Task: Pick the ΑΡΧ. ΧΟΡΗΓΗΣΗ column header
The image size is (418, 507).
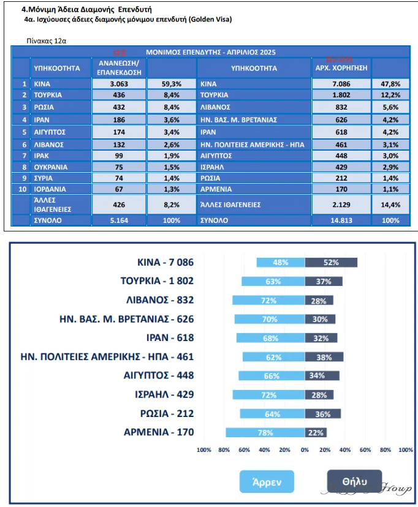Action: coord(341,67)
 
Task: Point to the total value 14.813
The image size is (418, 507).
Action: coord(341,220)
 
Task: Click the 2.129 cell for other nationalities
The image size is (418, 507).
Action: coord(341,204)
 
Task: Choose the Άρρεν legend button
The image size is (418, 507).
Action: coord(267,481)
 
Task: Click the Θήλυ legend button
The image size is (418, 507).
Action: coord(354,481)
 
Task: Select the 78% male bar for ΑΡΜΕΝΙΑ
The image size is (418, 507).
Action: coord(265,432)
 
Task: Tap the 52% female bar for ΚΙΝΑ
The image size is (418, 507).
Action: coord(331,263)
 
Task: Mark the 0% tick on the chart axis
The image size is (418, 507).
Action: coord(305,450)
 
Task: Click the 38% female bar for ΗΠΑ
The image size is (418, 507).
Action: coord(324,357)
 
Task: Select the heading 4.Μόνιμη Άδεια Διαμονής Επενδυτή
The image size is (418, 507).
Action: coord(86,10)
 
